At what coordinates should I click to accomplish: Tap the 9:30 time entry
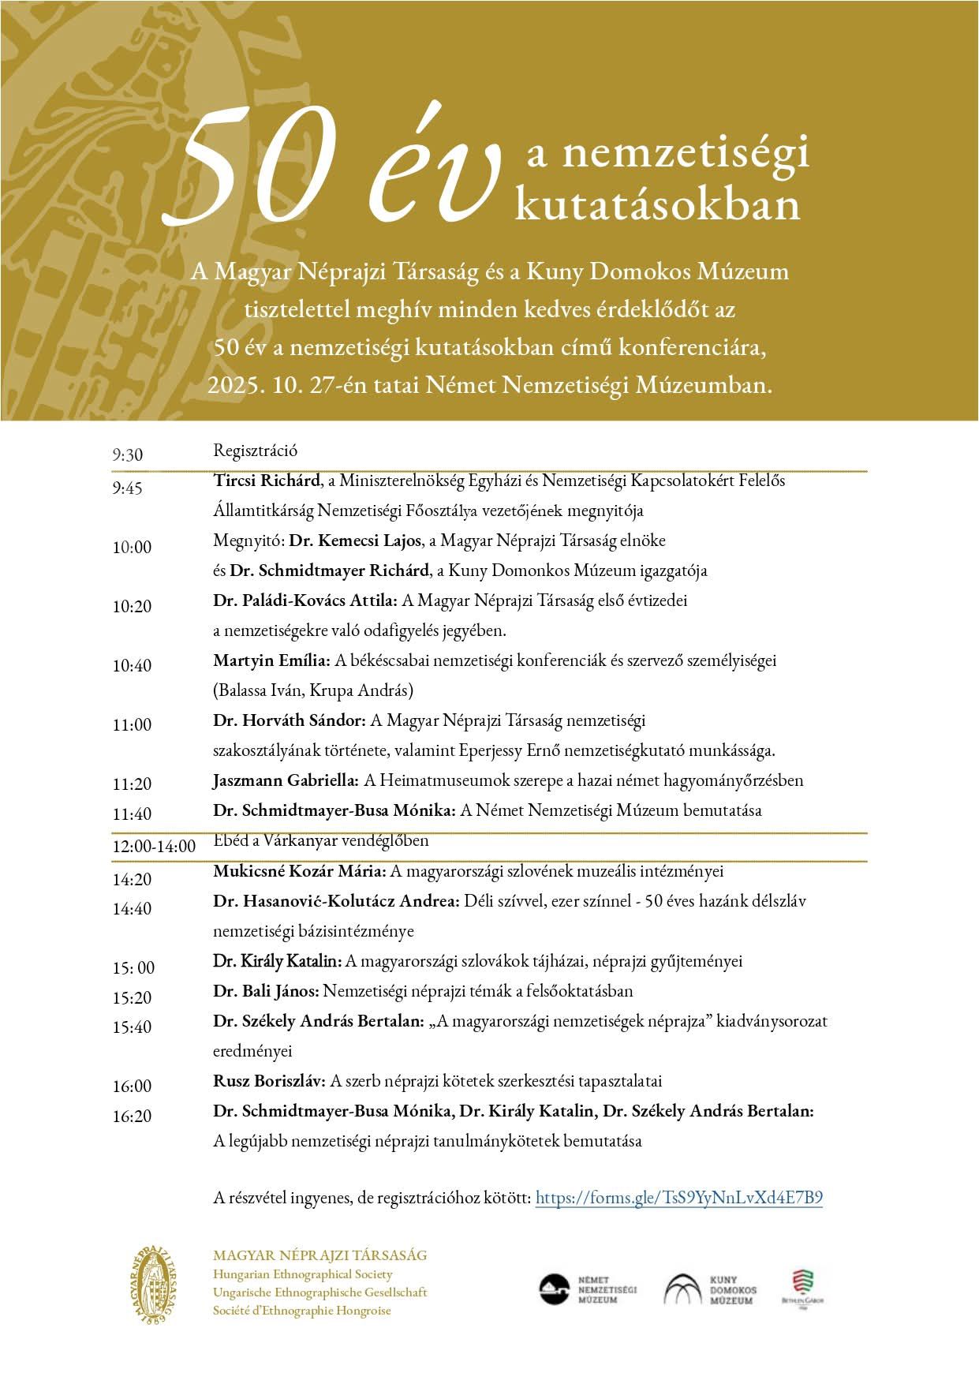pos(127,455)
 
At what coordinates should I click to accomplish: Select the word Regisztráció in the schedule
pos(255,451)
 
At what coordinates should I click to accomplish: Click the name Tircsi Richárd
pos(267,480)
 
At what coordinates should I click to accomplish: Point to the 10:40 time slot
pos(132,666)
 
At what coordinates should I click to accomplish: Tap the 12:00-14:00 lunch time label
pos(154,847)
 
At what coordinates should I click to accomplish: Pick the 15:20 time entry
pos(132,998)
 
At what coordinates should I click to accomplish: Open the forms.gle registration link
pos(678,1198)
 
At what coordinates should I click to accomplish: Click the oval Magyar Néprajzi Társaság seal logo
pos(155,1285)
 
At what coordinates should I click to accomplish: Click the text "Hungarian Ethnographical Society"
pos(303,1274)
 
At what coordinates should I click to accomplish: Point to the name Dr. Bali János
pos(266,991)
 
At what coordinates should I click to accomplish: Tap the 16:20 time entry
pos(132,1117)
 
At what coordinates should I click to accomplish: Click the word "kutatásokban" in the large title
pos(657,204)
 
